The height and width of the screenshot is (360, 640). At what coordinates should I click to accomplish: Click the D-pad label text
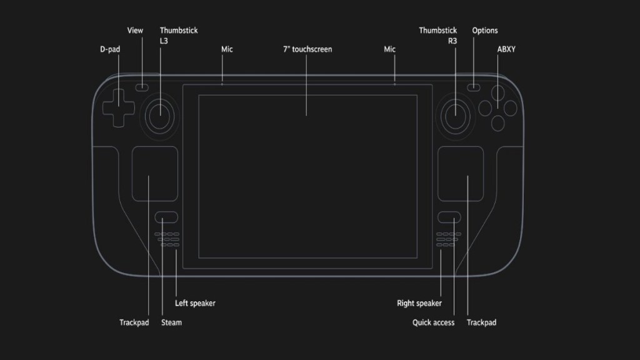110,49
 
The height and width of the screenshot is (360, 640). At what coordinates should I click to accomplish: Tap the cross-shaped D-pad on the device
117,106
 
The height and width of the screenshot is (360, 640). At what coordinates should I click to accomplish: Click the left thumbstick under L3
160,114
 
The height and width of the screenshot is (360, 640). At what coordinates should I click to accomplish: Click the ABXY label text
506,49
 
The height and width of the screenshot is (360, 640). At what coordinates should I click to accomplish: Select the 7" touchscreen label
307,49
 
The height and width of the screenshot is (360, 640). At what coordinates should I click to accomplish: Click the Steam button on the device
166,217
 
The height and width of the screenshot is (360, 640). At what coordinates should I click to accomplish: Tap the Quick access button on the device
449,217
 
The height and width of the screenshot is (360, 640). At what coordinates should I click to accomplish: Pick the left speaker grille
167,239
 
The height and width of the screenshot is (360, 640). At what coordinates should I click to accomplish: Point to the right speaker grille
447,239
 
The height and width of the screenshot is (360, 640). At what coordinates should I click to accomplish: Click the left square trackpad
154,174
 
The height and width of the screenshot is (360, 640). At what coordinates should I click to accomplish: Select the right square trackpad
461,174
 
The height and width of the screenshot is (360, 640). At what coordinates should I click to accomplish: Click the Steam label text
171,323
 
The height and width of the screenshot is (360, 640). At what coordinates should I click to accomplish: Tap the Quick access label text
433,323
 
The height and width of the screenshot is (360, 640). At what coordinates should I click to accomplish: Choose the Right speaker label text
419,304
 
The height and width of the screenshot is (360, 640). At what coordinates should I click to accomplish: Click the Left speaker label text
195,304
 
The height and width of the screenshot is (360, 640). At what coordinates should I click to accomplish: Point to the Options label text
485,31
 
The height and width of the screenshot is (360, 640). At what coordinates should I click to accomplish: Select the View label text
136,31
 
